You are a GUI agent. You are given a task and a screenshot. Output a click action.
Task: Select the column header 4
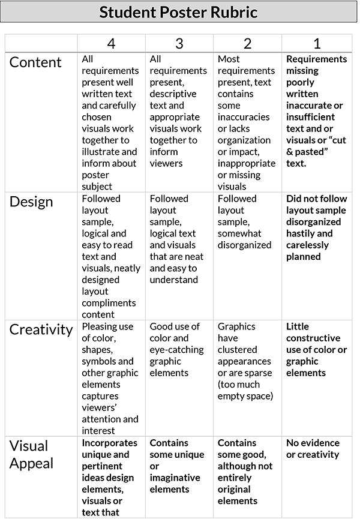tap(111, 43)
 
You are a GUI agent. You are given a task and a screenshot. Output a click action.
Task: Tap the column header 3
tap(179, 43)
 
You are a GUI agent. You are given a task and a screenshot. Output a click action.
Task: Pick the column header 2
tap(247, 43)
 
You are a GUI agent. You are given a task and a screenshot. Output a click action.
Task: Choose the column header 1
tap(317, 43)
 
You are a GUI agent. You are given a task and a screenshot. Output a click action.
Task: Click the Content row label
tap(35, 62)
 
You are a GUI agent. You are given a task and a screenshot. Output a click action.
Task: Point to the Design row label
tap(31, 202)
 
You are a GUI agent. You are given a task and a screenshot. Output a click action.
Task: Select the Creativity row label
tap(41, 329)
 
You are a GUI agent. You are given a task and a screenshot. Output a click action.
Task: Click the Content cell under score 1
tap(316, 111)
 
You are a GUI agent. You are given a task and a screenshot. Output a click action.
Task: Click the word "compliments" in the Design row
tap(109, 303)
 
